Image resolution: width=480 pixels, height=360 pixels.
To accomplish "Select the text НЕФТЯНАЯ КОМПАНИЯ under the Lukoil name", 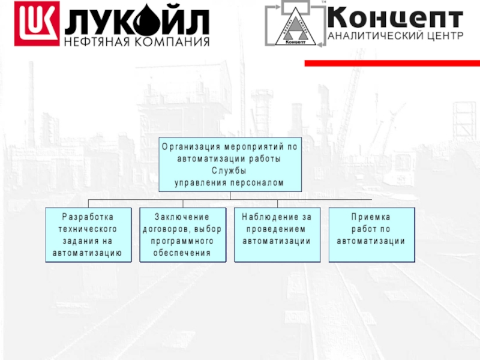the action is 137,42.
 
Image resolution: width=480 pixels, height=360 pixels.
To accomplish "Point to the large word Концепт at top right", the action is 395,17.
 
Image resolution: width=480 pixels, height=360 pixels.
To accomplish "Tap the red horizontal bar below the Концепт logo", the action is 392,63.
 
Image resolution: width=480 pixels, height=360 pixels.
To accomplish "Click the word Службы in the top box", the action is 229,171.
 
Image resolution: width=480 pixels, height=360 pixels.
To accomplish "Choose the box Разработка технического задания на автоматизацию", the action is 88,235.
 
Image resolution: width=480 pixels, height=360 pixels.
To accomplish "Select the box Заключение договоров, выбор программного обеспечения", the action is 182,235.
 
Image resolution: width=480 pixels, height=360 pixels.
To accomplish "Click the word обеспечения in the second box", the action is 182,253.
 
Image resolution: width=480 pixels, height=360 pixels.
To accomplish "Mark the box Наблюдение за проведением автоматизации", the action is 277,235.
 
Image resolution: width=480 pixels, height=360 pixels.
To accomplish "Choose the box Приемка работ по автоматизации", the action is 371,235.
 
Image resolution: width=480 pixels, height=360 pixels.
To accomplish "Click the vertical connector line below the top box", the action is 230,196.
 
